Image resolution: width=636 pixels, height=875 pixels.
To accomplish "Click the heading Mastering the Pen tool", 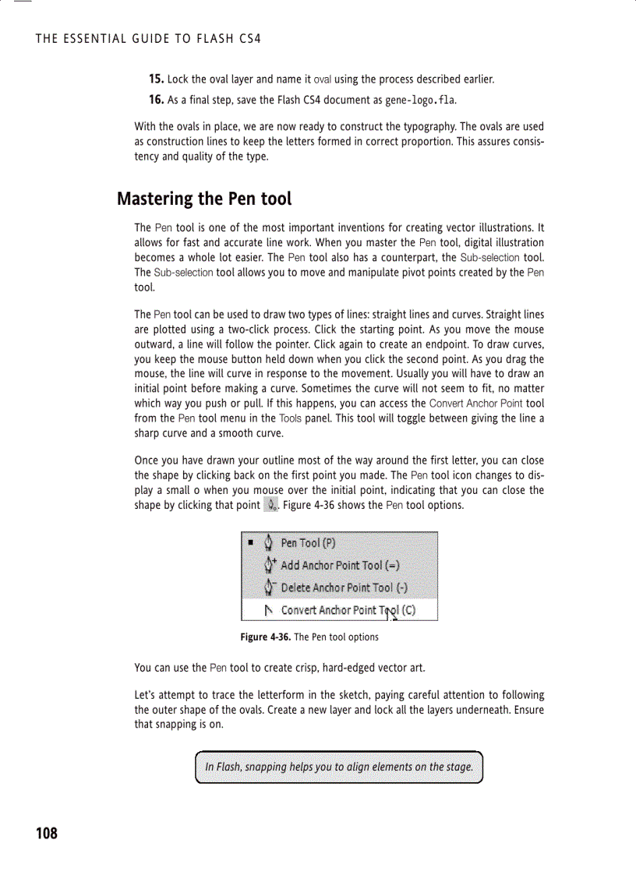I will click(204, 199).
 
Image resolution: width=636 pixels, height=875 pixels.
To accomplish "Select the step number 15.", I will click(156, 79).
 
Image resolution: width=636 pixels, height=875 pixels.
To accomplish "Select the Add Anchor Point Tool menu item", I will click(342, 566).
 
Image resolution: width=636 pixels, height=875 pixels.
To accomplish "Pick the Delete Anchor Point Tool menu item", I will click(344, 587).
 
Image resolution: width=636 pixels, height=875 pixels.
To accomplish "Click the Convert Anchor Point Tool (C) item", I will click(348, 610).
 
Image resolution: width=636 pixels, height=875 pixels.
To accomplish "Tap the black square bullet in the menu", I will click(251, 543).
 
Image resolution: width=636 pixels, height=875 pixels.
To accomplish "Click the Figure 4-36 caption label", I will click(265, 637).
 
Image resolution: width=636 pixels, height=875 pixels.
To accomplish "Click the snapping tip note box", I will click(339, 767).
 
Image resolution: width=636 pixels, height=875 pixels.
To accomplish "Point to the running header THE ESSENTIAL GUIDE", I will click(148, 38).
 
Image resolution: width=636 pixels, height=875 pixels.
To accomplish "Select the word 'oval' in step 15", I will click(323, 80).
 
